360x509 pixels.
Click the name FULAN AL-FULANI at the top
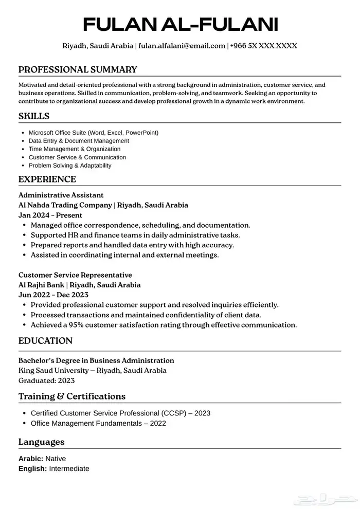(180, 24)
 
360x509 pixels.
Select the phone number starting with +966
(264, 46)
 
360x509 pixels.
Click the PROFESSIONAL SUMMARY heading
(78, 69)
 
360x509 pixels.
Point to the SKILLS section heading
(34, 116)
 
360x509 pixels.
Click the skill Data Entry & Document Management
(79, 141)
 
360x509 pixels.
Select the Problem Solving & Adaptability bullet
(70, 166)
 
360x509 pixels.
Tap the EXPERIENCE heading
(47, 179)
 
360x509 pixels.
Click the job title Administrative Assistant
(61, 195)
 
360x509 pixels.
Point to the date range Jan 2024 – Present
(50, 215)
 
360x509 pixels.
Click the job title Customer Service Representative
(75, 275)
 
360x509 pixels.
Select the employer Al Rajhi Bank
(43, 285)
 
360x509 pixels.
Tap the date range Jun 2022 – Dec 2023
(53, 295)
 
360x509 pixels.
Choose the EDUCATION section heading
(45, 341)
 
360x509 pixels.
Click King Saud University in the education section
(53, 370)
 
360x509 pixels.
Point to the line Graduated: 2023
(46, 380)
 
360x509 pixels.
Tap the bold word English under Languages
(32, 468)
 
